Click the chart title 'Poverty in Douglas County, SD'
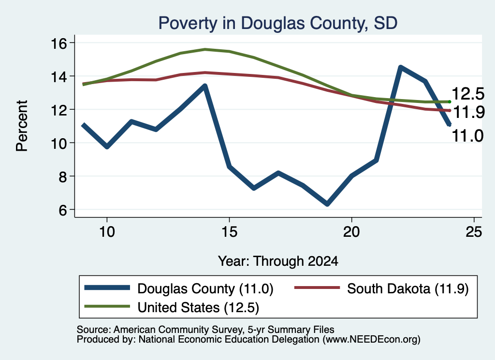(278, 23)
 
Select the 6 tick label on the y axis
(62, 210)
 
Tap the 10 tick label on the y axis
(58, 143)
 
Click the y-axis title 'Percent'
(22, 126)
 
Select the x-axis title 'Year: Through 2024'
(278, 261)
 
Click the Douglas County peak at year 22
(400, 67)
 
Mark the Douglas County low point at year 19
(327, 204)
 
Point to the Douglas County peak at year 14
(205, 86)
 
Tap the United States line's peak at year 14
(205, 49)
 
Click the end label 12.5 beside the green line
(468, 94)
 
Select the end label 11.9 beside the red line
(469, 112)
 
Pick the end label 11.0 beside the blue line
(468, 136)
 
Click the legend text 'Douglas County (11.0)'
(205, 288)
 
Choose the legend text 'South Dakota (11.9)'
(408, 288)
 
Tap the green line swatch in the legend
(107, 306)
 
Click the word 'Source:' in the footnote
(94, 330)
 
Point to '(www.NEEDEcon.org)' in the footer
(372, 340)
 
